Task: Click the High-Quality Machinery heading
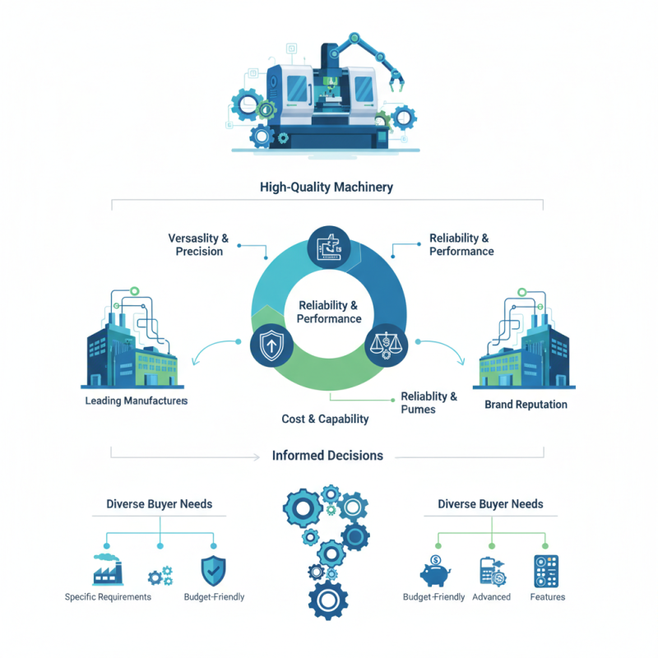coord(327,188)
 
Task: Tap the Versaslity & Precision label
coord(198,244)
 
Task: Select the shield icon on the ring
coord(271,345)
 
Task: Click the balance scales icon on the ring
coord(386,345)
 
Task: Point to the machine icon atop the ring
coord(329,248)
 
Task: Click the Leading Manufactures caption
coord(137,401)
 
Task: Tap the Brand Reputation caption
coord(526,405)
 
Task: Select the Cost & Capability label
coord(325,419)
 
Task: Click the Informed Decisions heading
coord(327,456)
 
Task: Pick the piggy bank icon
coord(435,571)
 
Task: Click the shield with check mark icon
coord(214,571)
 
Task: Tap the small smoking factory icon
coord(108,569)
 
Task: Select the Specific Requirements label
coord(108,597)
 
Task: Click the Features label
coord(548,597)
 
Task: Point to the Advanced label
coord(491,597)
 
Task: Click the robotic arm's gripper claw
coord(396,81)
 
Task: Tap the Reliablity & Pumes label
coord(429,403)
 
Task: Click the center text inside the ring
coord(328,313)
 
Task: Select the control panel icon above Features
coord(546,571)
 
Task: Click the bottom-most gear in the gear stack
coord(328,600)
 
